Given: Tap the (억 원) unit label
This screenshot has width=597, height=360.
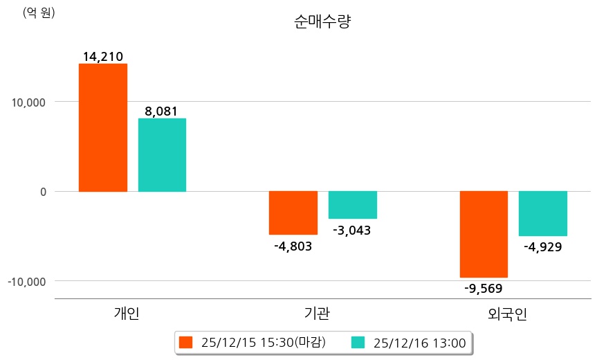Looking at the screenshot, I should point(39,12).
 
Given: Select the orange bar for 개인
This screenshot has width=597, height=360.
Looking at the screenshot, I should point(102,127).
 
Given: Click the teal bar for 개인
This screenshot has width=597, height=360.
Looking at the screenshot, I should point(162,155).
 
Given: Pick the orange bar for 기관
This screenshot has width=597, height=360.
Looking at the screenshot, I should point(293,213).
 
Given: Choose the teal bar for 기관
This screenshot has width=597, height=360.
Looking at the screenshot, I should point(352,205).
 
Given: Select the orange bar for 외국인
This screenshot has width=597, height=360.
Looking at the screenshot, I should point(484,234).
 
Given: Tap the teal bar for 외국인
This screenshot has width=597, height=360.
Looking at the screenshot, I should point(543,213).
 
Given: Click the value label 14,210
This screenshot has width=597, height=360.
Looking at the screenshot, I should point(102,56).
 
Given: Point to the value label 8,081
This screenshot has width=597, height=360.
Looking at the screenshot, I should point(162,111).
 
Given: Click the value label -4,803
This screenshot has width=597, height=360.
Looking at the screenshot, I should point(293,246).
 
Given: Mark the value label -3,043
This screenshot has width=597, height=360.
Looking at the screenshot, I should point(352,231).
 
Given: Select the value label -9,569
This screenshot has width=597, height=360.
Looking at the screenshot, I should point(484,289).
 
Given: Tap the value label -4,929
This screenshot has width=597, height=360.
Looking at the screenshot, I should point(543,246).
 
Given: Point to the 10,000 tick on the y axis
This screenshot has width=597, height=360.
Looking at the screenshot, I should point(29,102).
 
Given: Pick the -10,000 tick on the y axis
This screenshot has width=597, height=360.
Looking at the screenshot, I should point(27,282).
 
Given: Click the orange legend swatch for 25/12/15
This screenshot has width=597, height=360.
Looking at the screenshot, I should point(185,342).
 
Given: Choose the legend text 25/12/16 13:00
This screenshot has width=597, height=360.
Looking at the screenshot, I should point(419,342).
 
